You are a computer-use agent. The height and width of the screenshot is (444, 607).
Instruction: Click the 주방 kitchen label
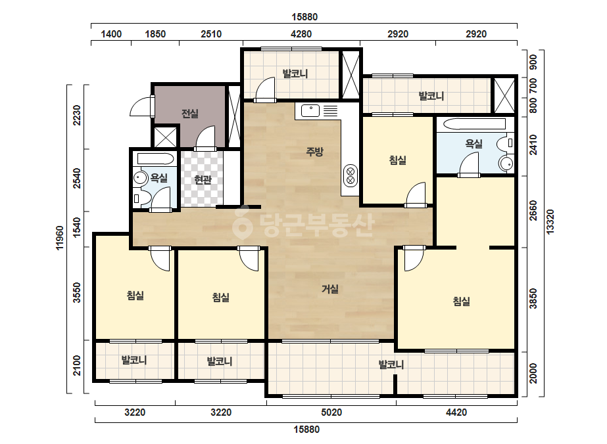(314, 152)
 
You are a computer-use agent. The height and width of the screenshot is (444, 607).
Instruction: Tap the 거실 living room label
(330, 289)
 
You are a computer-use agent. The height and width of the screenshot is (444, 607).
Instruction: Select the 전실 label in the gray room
(190, 114)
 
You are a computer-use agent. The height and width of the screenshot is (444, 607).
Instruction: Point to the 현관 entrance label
(203, 179)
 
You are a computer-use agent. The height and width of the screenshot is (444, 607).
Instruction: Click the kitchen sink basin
(310, 110)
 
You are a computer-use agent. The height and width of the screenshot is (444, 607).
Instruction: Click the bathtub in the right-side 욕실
(474, 124)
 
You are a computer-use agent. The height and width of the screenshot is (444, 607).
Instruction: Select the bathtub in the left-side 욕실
(155, 158)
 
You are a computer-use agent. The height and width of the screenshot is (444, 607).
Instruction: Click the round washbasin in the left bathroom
(139, 178)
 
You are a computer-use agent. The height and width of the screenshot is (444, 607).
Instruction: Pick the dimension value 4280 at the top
(301, 34)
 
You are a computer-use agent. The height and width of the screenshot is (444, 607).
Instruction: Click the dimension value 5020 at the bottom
(331, 412)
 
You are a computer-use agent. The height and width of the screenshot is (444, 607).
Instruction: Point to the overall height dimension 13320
(550, 221)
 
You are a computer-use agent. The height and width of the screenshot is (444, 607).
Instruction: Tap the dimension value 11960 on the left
(59, 238)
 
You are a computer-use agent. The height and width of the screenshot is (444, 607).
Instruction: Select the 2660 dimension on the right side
(533, 211)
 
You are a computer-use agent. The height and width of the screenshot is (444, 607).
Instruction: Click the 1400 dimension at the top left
(111, 34)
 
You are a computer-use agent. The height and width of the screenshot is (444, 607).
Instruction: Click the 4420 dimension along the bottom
(456, 412)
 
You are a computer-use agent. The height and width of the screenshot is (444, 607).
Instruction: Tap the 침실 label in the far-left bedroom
(135, 296)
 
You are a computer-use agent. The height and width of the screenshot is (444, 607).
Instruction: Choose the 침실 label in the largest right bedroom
(462, 301)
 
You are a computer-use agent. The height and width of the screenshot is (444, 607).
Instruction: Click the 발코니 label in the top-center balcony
(295, 74)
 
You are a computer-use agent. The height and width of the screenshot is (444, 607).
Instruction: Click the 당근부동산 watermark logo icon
(242, 223)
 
